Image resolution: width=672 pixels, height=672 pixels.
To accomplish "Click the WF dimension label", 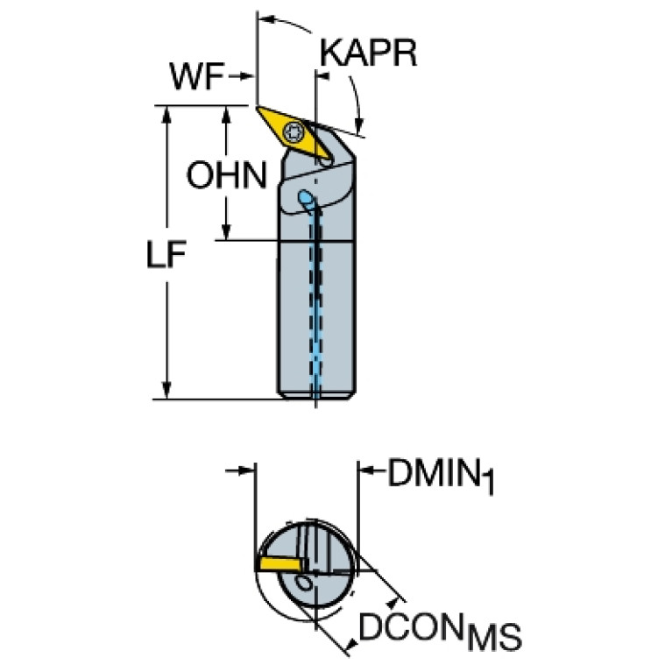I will (x=197, y=78).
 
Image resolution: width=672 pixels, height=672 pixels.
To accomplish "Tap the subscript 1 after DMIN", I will (x=489, y=485).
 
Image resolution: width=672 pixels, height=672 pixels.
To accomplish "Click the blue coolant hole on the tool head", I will (x=306, y=199).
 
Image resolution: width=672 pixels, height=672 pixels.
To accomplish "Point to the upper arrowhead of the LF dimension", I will (x=167, y=114).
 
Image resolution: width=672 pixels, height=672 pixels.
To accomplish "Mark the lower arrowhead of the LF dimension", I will (x=167, y=393).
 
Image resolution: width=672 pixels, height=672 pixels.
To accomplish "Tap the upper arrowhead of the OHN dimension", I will (x=227, y=114).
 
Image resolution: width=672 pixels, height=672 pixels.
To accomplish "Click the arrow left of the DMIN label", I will (x=368, y=473).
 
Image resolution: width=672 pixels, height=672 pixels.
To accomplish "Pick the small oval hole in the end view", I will (x=305, y=582).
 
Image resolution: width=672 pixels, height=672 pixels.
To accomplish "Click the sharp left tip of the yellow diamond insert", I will (x=258, y=109).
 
